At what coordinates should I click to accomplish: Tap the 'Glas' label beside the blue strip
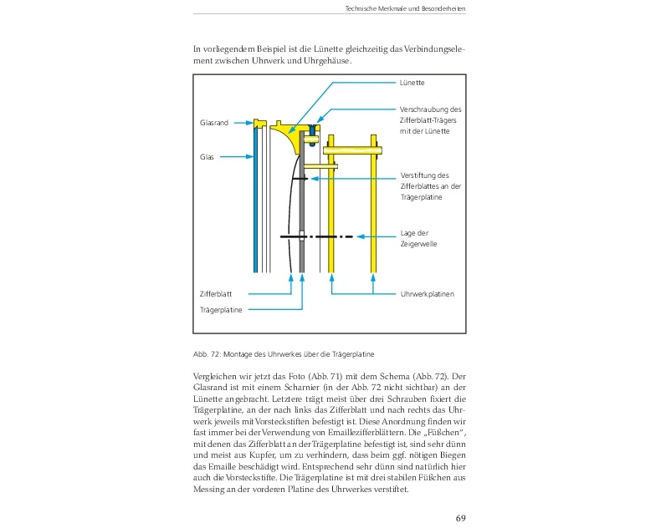[x=207, y=156]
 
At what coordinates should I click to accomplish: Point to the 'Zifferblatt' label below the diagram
[x=216, y=294]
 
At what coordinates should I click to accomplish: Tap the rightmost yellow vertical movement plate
[x=373, y=209]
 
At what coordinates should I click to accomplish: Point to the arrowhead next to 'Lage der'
[x=361, y=237]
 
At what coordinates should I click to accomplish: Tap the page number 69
[x=460, y=518]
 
